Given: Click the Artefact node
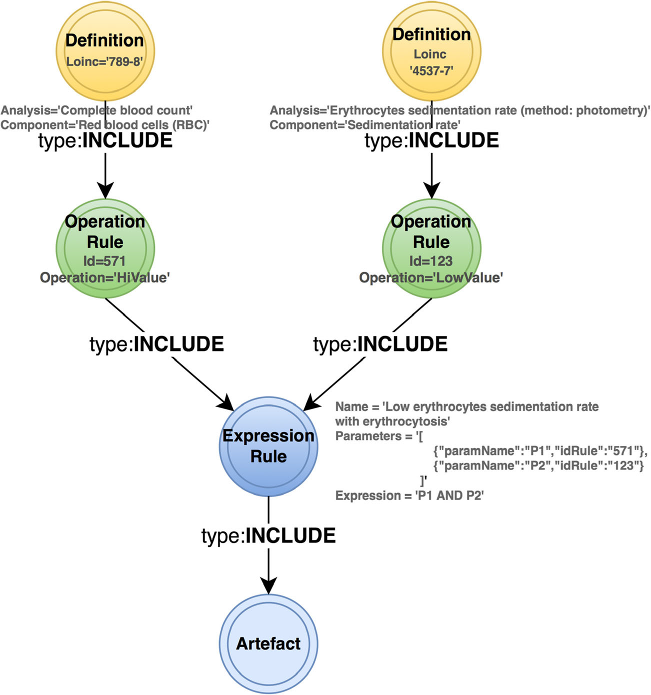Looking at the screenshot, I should pyautogui.click(x=268, y=643).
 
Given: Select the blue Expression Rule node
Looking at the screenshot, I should pyautogui.click(x=268, y=446).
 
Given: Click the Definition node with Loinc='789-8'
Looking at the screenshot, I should pyautogui.click(x=105, y=50).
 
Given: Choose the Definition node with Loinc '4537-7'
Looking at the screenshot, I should pyautogui.click(x=431, y=50).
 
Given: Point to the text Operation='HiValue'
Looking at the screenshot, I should pyautogui.click(x=105, y=277).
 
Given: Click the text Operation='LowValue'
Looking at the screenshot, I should pyautogui.click(x=431, y=277).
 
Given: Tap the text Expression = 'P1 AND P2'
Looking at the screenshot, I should pyautogui.click(x=409, y=495).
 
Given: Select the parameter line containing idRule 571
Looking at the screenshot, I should pyautogui.click(x=540, y=451).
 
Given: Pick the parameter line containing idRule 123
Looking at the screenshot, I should pyautogui.click(x=538, y=466).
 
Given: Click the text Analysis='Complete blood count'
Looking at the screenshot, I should pyautogui.click(x=96, y=110).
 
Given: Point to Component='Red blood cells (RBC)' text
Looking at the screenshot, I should pyautogui.click(x=104, y=125).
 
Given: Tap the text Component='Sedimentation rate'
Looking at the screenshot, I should pyautogui.click(x=365, y=125).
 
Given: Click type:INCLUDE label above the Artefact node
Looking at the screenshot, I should pyautogui.click(x=268, y=535).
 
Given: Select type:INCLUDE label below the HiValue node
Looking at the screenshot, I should pyautogui.click(x=156, y=344).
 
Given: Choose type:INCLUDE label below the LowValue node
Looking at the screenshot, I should pyautogui.click(x=380, y=344).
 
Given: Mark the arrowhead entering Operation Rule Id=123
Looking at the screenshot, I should pyautogui.click(x=431, y=190).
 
